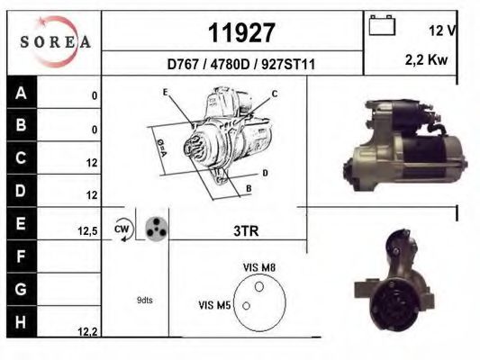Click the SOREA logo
53,40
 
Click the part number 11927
241,33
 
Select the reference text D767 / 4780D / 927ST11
241,65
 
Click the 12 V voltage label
441,31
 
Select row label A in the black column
21,93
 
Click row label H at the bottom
21,321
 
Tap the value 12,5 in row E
86,231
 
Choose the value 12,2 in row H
86,332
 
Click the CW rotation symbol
122,230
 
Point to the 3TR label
247,231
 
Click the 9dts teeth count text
145,300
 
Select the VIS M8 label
259,267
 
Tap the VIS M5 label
214,306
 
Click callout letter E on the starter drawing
165,93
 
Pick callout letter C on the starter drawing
275,94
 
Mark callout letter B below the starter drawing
248,189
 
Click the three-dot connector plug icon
154,229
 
